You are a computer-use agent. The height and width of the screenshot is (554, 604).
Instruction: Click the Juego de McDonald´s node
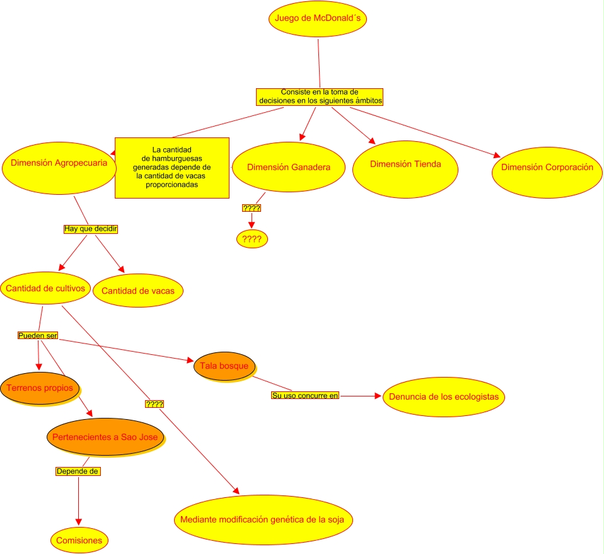point(318,18)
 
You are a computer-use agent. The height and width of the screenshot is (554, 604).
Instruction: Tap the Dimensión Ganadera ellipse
point(287,168)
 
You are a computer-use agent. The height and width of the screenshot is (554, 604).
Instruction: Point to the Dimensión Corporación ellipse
point(547,168)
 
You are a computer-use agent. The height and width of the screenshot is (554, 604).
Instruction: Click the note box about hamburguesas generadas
point(171,168)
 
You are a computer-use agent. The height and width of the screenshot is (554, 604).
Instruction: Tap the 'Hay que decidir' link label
point(91,229)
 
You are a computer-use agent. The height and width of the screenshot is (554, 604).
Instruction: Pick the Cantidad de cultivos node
point(45,289)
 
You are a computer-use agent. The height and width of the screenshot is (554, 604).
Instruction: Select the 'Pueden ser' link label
point(38,336)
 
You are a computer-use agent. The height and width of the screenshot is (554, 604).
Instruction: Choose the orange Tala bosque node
point(223,366)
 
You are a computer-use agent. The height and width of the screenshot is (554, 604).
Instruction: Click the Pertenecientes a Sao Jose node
point(105,436)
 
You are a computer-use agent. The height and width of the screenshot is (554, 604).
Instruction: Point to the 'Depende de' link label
point(78,471)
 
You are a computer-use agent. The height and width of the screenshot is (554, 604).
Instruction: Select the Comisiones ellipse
point(79,540)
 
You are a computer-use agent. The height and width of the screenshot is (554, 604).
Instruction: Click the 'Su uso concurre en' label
point(305,396)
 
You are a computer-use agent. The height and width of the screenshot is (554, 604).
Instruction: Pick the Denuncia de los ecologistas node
point(443,397)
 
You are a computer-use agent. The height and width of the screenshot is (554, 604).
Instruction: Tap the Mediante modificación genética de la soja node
point(262,521)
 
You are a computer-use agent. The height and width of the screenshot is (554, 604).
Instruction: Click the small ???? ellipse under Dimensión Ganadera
point(252,239)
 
